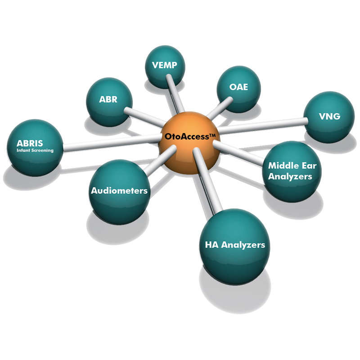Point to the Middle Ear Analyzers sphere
pos(288,171)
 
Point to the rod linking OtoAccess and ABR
pos(144,117)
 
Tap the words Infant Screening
pos(35,150)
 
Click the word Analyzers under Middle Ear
pos(290,176)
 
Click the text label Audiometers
pos(119,190)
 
